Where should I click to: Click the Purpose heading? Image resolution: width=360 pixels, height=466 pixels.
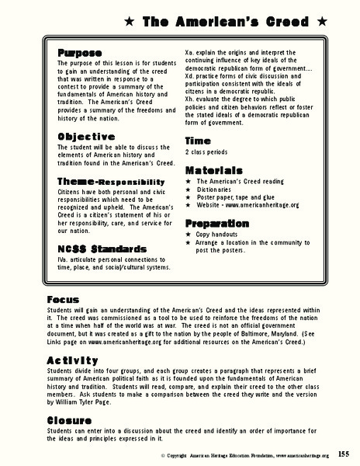tap(79, 52)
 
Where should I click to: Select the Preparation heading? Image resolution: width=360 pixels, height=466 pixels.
tap(217, 223)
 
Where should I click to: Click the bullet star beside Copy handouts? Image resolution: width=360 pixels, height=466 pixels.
tap(189, 234)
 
